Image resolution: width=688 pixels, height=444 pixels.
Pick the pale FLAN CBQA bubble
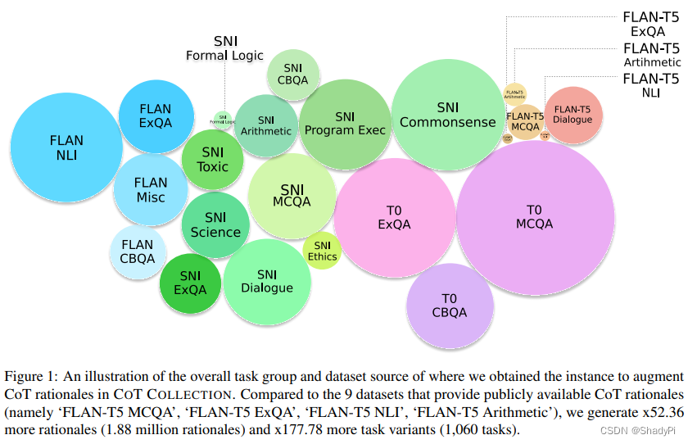coord(138,251)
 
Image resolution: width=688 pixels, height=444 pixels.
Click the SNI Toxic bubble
coord(212,160)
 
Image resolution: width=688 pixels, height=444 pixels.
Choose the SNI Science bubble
coord(215,224)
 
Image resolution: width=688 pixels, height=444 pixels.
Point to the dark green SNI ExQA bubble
coord(191,283)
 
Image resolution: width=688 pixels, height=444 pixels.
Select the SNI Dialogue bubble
coord(267,281)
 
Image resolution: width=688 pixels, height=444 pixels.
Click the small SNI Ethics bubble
coord(322,251)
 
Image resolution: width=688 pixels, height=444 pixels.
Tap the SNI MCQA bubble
coord(292,195)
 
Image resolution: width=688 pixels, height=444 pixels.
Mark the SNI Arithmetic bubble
coord(266,125)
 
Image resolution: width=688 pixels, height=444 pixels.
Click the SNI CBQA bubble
coord(292,74)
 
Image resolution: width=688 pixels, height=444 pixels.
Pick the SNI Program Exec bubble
coord(345,123)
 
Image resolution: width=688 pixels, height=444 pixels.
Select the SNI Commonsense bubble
coord(447,115)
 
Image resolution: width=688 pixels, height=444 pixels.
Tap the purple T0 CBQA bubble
coord(450,306)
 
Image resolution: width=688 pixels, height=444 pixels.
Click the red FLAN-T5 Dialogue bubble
coord(573,114)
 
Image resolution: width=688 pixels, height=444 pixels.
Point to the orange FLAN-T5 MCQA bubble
coord(526,121)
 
